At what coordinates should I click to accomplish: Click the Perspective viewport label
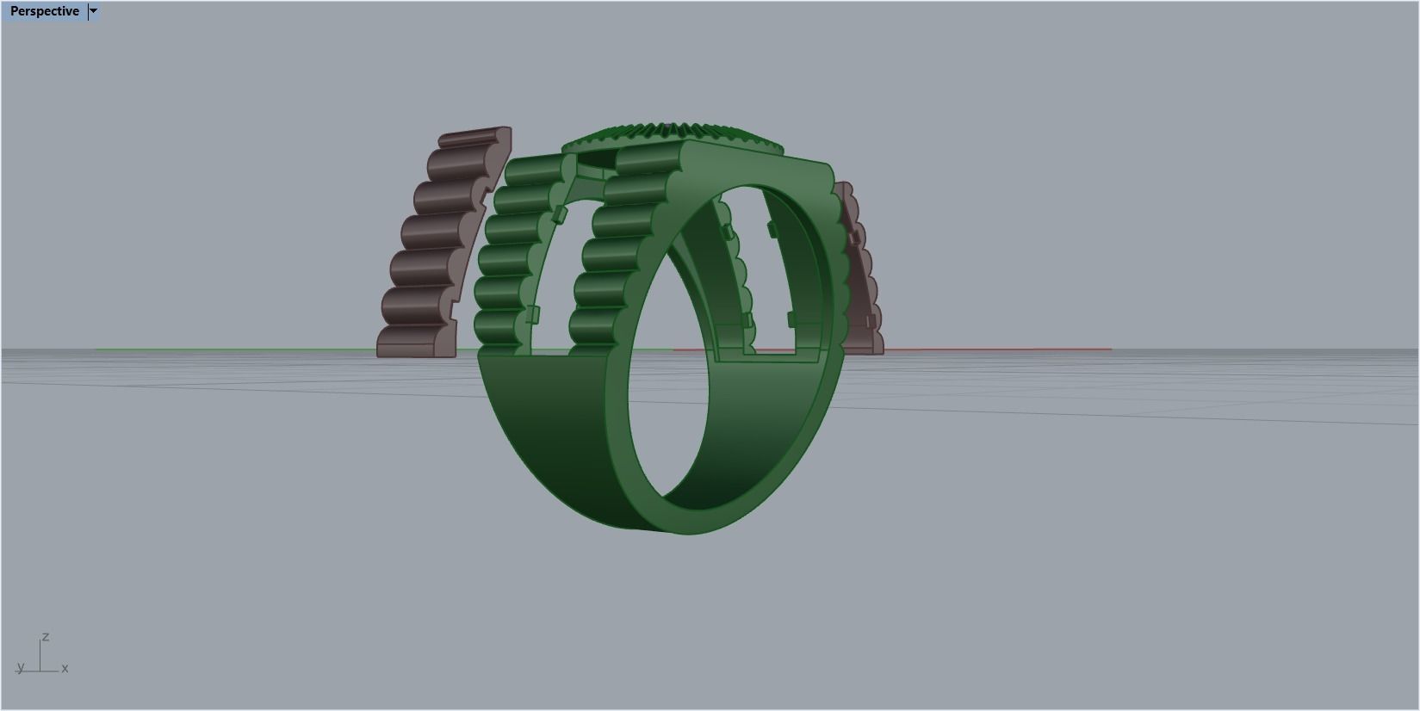pos(44,11)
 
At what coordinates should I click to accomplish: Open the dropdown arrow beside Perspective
pos(94,11)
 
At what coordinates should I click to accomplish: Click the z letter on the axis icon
pos(46,637)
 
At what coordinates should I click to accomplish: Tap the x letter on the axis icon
pos(65,668)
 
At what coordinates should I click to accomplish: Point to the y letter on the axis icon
pos(20,667)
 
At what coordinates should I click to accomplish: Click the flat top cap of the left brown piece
pos(474,137)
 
